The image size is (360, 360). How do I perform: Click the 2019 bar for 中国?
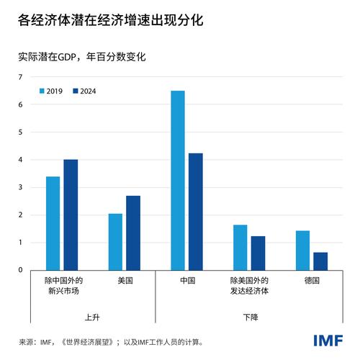coord(177,180)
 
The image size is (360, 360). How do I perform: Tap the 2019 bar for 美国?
coord(115,241)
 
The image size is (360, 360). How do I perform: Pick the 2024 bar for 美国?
coord(133,233)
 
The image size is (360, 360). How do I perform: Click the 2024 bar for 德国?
coord(320,261)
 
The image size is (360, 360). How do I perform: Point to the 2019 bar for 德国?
coord(302,250)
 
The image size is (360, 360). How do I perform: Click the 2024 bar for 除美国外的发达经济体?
coord(258,253)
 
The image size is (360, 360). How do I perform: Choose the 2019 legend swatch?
coord(42,91)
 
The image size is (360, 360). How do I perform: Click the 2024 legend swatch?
coord(75,91)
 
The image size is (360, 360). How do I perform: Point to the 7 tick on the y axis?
coord(20,77)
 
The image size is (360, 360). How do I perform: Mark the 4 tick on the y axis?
coord(20,160)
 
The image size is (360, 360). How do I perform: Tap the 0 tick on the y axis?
coord(20,270)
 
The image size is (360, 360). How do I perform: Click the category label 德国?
coord(311,280)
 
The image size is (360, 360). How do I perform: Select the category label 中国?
coord(186,280)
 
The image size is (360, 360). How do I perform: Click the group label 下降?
coord(249,316)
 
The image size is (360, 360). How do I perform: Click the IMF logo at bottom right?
coord(328,340)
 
